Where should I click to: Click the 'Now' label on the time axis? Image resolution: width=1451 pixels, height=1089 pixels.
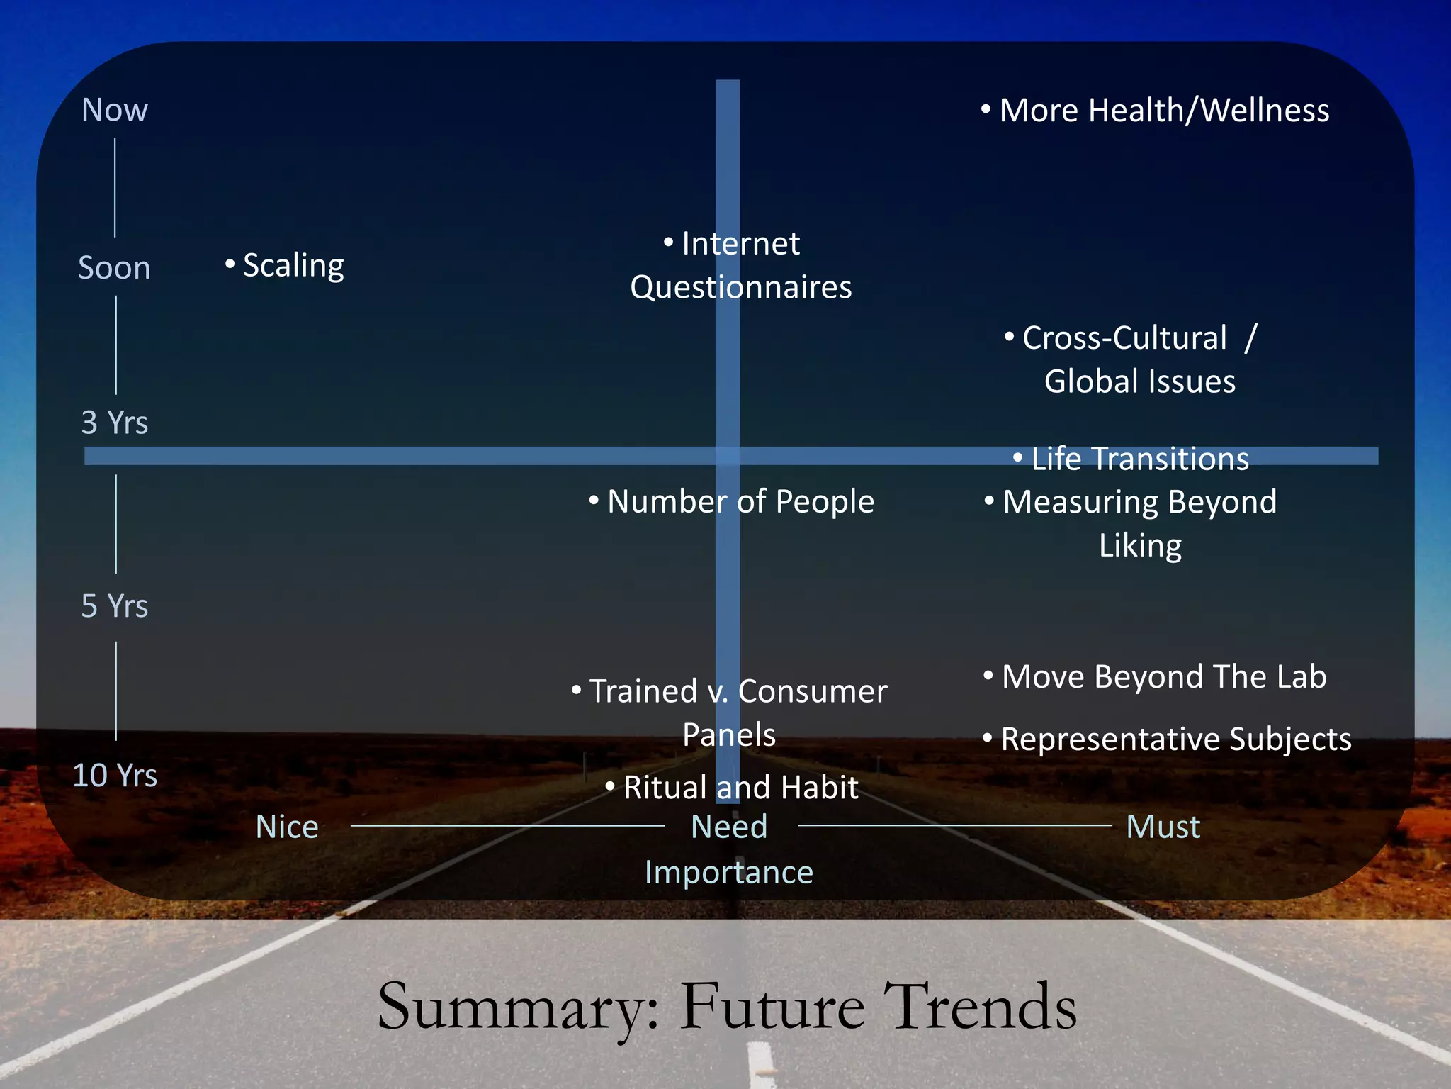pyautogui.click(x=115, y=111)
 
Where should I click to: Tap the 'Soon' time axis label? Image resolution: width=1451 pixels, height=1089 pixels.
pyautogui.click(x=114, y=268)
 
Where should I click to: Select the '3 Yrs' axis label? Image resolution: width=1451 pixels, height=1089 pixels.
pyautogui.click(x=115, y=423)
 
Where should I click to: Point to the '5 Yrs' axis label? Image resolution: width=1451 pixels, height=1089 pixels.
pyautogui.click(x=115, y=606)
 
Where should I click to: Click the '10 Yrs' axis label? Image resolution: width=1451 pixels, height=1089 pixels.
pyautogui.click(x=115, y=775)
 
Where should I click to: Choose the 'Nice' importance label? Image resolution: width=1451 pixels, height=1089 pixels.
pyautogui.click(x=287, y=827)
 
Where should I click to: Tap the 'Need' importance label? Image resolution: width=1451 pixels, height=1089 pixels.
pyautogui.click(x=729, y=827)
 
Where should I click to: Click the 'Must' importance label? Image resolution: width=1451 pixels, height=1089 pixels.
pyautogui.click(x=1163, y=827)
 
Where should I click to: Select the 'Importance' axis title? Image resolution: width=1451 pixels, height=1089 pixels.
pyautogui.click(x=729, y=872)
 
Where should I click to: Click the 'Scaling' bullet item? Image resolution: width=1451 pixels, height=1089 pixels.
pyautogui.click(x=293, y=266)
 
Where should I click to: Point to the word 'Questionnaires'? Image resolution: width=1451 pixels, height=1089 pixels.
pyautogui.click(x=741, y=287)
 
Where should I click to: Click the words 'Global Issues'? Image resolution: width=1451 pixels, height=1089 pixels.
pyautogui.click(x=1140, y=381)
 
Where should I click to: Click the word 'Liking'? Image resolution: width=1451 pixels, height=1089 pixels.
pyautogui.click(x=1140, y=546)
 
